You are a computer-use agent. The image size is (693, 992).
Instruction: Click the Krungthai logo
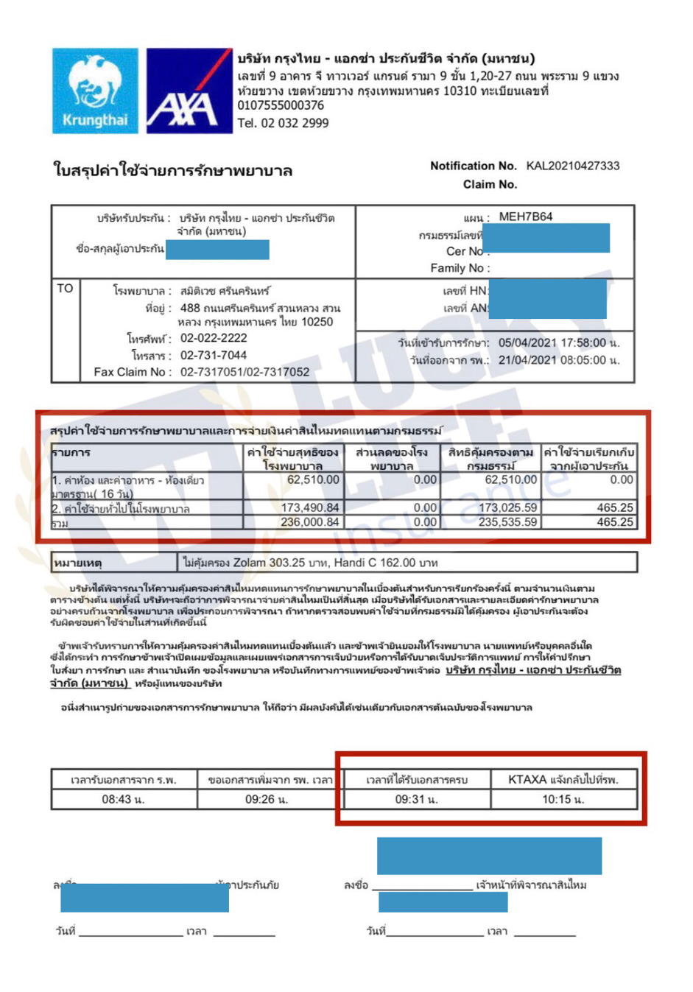click(x=95, y=91)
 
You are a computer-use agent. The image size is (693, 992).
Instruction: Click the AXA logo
click(x=189, y=91)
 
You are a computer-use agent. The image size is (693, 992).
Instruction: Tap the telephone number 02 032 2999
click(x=293, y=123)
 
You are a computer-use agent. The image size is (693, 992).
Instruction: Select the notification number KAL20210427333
click(x=572, y=166)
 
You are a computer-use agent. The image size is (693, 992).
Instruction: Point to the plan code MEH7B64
click(x=525, y=217)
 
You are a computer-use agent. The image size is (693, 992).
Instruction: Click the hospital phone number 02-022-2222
click(x=214, y=339)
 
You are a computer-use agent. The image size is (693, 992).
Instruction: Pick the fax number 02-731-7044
click(x=214, y=355)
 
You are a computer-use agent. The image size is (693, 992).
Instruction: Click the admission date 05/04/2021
click(x=528, y=343)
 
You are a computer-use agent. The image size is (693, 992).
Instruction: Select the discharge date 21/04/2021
click(x=528, y=360)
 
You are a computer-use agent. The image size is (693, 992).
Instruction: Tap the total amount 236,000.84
click(x=310, y=522)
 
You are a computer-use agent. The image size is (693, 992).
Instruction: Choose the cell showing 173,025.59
click(x=507, y=508)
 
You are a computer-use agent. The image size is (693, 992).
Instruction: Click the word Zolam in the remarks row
click(x=249, y=563)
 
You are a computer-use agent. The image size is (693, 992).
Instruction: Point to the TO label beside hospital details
click(x=65, y=289)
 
